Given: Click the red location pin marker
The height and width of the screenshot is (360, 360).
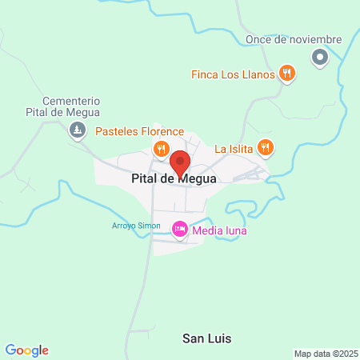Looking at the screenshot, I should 180,162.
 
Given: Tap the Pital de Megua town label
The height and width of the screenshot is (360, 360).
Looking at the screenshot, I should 174,180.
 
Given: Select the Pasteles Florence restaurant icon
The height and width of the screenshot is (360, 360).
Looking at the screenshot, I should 161,148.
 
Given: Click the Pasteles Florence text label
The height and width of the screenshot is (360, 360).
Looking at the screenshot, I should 139,131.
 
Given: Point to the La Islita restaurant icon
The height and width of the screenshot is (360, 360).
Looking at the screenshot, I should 266,148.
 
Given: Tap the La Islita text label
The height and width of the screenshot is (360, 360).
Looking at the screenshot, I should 233,148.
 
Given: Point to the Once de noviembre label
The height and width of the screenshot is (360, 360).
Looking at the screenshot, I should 294,39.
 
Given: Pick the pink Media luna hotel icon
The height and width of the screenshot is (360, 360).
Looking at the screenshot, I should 180,230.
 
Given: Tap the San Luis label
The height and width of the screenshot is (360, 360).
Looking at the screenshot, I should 207,338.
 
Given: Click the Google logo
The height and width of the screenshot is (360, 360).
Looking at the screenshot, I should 26,350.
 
